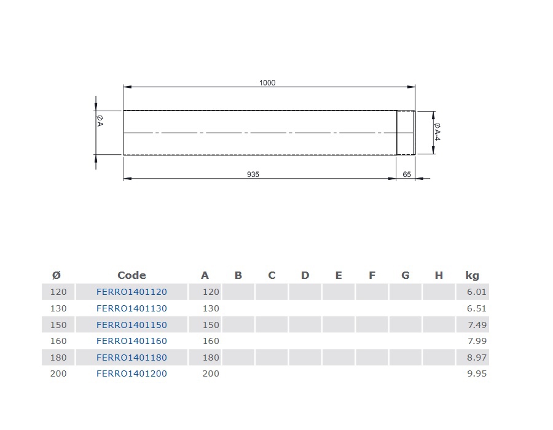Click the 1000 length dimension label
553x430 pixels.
[267, 83]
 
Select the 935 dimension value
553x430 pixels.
[253, 174]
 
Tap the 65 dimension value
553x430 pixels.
[407, 174]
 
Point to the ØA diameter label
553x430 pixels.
[100, 120]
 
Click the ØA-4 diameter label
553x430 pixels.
[437, 131]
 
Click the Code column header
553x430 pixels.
[131, 275]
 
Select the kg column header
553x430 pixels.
[472, 275]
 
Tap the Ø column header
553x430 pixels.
[57, 275]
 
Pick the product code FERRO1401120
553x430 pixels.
[131, 292]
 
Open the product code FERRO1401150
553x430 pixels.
[131, 325]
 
